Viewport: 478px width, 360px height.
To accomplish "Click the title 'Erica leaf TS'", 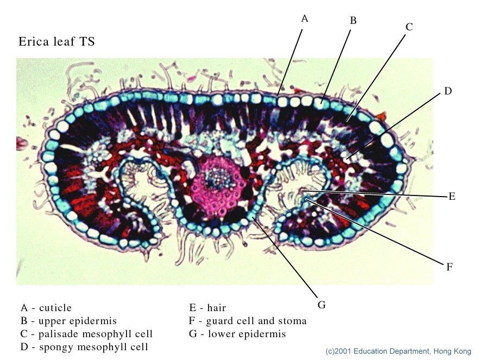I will click(56, 41).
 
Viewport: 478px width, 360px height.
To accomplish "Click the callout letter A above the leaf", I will click(305, 18).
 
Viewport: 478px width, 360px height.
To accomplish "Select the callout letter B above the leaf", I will click(353, 21).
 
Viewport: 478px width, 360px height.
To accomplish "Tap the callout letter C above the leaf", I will click(409, 26).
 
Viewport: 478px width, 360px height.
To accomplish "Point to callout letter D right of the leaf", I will click(448, 91).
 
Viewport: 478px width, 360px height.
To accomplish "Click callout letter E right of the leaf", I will click(451, 197).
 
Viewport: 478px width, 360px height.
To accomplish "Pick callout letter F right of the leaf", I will click(449, 267).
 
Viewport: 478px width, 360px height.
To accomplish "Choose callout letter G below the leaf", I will click(322, 305).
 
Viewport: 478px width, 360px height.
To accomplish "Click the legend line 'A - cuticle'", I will click(46, 308).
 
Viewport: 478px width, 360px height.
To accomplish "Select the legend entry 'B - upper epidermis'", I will click(68, 321).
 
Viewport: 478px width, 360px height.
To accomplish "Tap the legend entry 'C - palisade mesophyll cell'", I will click(86, 334).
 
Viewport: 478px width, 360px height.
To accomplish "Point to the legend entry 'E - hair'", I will click(207, 308).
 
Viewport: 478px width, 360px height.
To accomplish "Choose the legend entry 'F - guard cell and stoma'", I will click(248, 321).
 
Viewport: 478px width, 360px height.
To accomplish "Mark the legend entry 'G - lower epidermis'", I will click(237, 334).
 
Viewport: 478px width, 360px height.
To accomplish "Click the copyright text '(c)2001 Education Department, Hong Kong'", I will click(398, 351).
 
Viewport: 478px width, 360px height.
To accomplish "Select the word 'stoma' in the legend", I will click(293, 321).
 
